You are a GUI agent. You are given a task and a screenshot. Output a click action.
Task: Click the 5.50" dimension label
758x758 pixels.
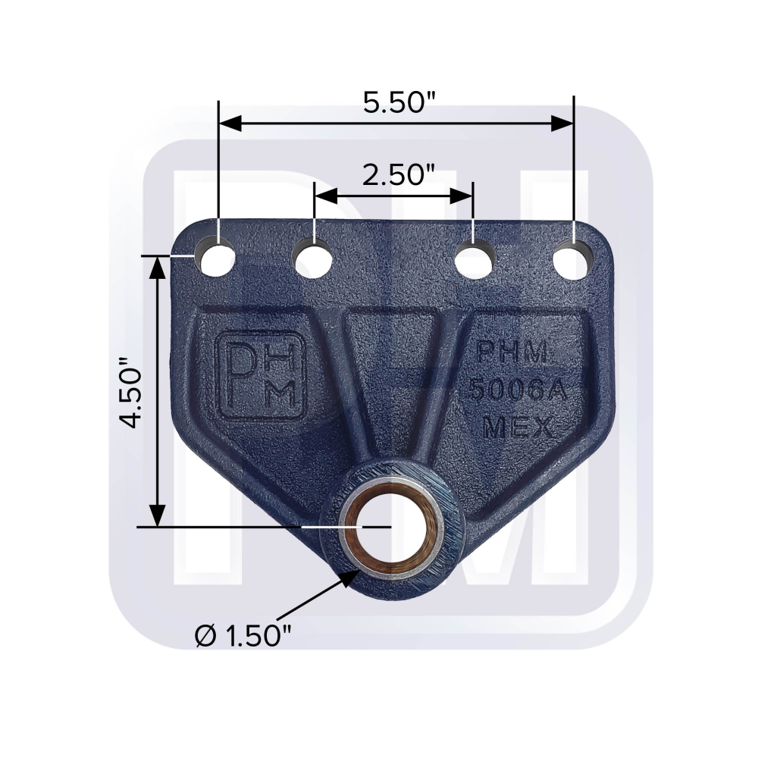click(399, 102)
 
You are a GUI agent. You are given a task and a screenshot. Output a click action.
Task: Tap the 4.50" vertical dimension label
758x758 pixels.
click(131, 393)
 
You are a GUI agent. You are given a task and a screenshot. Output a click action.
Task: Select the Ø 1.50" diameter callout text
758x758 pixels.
click(244, 635)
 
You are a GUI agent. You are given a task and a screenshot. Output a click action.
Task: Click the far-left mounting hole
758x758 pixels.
click(215, 258)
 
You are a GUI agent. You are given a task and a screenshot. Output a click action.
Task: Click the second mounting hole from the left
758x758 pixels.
click(313, 259)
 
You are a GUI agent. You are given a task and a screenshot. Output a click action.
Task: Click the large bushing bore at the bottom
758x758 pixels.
click(393, 527)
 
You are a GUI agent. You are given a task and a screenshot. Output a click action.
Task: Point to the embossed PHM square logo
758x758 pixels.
click(262, 374)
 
